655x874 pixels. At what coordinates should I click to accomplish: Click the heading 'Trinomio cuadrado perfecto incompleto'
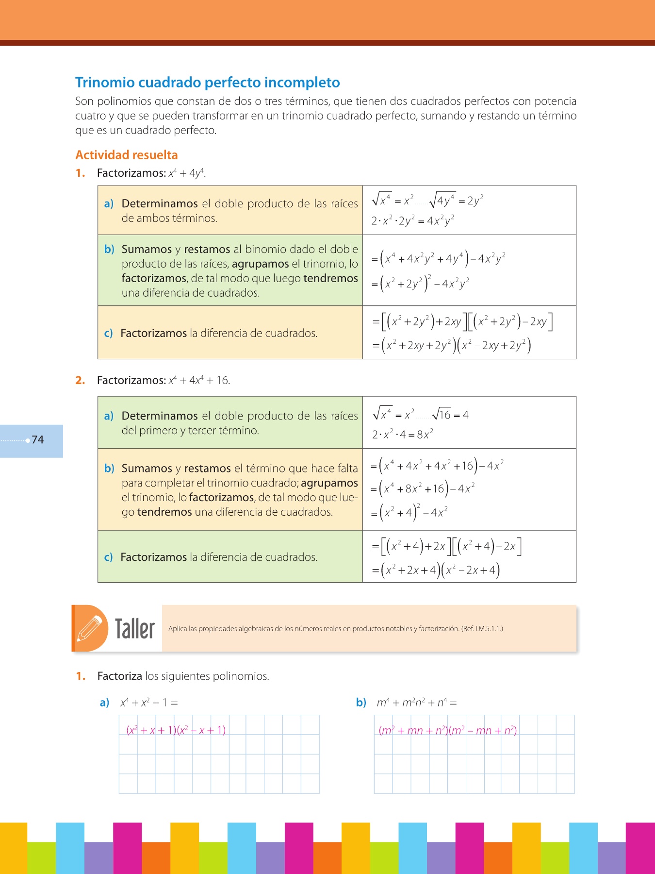tap(207, 83)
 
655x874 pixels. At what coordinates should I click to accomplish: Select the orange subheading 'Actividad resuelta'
tap(127, 155)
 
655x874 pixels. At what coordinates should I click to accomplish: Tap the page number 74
tap(38, 440)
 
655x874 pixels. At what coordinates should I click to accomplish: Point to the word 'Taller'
tap(134, 629)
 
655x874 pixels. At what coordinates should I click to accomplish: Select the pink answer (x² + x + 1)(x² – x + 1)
tap(176, 730)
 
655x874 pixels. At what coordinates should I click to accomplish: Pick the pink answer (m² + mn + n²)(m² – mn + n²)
tap(447, 730)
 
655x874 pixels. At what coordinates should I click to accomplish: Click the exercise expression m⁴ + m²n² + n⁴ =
tap(417, 703)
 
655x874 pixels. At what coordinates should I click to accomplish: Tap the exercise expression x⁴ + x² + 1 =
tap(149, 703)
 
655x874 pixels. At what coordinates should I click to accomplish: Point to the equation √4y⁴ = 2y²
tap(457, 200)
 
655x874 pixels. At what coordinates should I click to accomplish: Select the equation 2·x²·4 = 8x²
tap(402, 435)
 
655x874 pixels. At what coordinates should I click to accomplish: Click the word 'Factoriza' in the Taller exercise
tap(119, 676)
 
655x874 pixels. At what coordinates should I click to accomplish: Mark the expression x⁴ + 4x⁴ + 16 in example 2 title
tap(198, 380)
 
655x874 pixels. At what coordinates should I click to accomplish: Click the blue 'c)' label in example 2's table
tap(108, 557)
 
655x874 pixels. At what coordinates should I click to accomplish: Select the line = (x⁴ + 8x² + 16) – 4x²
tap(423, 489)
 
